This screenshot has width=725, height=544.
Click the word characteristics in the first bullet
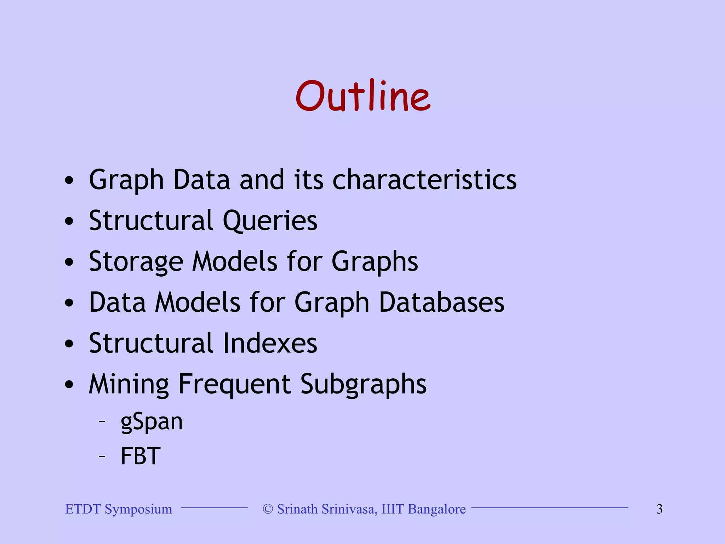[424, 180]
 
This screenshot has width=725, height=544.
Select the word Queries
[270, 221]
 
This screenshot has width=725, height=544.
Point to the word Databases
[441, 303]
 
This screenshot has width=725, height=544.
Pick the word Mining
[129, 385]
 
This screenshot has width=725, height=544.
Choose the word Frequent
[234, 385]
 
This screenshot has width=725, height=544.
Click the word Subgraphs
[364, 385]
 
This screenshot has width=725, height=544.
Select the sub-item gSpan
[152, 422]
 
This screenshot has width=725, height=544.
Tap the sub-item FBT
[141, 456]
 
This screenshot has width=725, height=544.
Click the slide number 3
[660, 509]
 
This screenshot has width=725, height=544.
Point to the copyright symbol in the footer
[268, 509]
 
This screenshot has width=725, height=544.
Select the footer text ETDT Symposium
[119, 509]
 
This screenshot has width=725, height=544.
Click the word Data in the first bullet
[202, 180]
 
